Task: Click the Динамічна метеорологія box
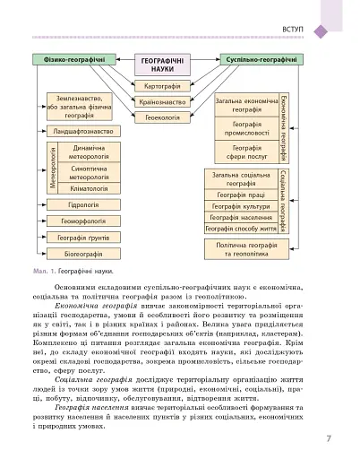coord(89,152)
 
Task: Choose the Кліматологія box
coord(89,189)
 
